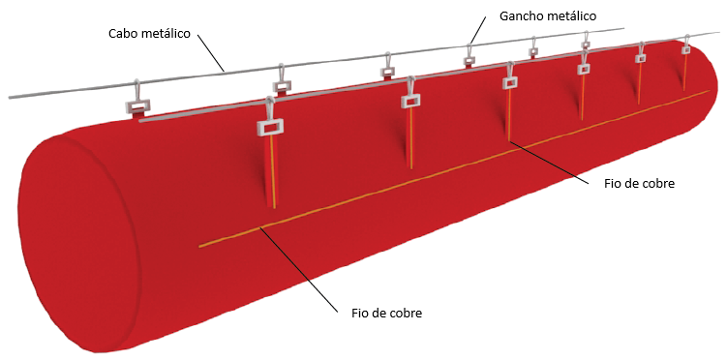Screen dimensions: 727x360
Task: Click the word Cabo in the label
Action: [x=122, y=34]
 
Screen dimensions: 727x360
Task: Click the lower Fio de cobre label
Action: [x=387, y=313]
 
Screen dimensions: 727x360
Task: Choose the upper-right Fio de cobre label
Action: [x=639, y=183]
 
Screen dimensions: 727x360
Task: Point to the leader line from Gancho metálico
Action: [x=477, y=31]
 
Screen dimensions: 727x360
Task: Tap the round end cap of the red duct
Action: [x=78, y=241]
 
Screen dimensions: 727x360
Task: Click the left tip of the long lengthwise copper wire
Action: [x=199, y=247]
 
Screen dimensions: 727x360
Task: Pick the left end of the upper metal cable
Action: [x=10, y=98]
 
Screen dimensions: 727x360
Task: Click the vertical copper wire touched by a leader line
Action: [x=508, y=114]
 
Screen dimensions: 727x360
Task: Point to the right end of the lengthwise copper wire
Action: [x=710, y=91]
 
